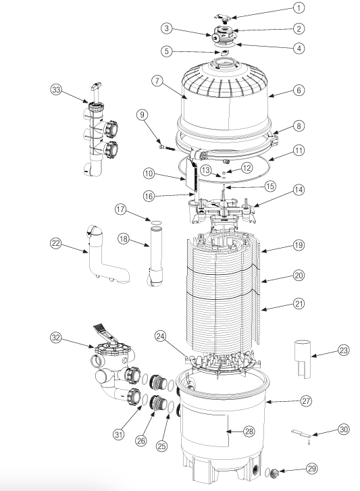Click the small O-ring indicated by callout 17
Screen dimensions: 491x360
pyautogui.click(x=154, y=222)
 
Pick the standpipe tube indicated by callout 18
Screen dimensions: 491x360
pyautogui.click(x=156, y=257)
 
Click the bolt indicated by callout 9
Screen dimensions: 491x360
pyautogui.click(x=167, y=147)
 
